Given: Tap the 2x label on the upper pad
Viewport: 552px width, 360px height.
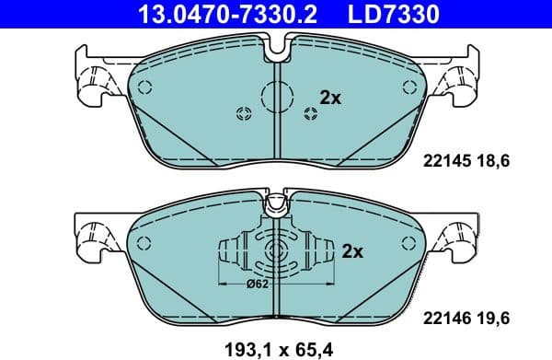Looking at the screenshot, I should pyautogui.click(x=329, y=96).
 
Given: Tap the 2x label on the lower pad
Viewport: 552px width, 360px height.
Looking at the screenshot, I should pyautogui.click(x=352, y=250).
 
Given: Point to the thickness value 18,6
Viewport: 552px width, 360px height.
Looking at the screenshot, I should pyautogui.click(x=491, y=160).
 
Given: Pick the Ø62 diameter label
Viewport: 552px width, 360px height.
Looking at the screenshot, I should pyautogui.click(x=258, y=285).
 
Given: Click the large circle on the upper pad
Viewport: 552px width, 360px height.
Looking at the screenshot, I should pyautogui.click(x=277, y=96).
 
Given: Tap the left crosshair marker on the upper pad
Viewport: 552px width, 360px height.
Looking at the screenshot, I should pyautogui.click(x=245, y=114).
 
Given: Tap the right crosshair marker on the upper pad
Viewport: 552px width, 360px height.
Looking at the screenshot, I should pyautogui.click(x=310, y=114).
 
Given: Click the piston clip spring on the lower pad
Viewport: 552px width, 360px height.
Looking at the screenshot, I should pyautogui.click(x=276, y=252).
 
